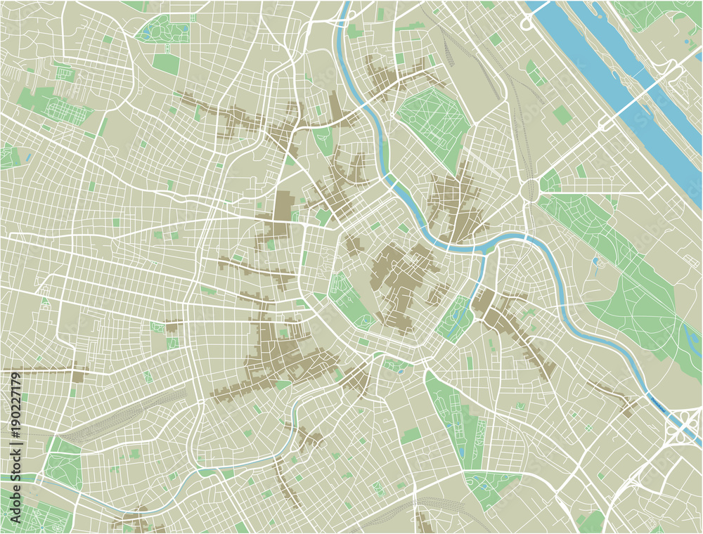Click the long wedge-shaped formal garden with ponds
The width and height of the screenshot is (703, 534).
[x=450, y=415]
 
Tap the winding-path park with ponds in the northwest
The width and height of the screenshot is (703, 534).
[x=162, y=30]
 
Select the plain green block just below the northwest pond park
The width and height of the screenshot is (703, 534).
[x=166, y=64]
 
